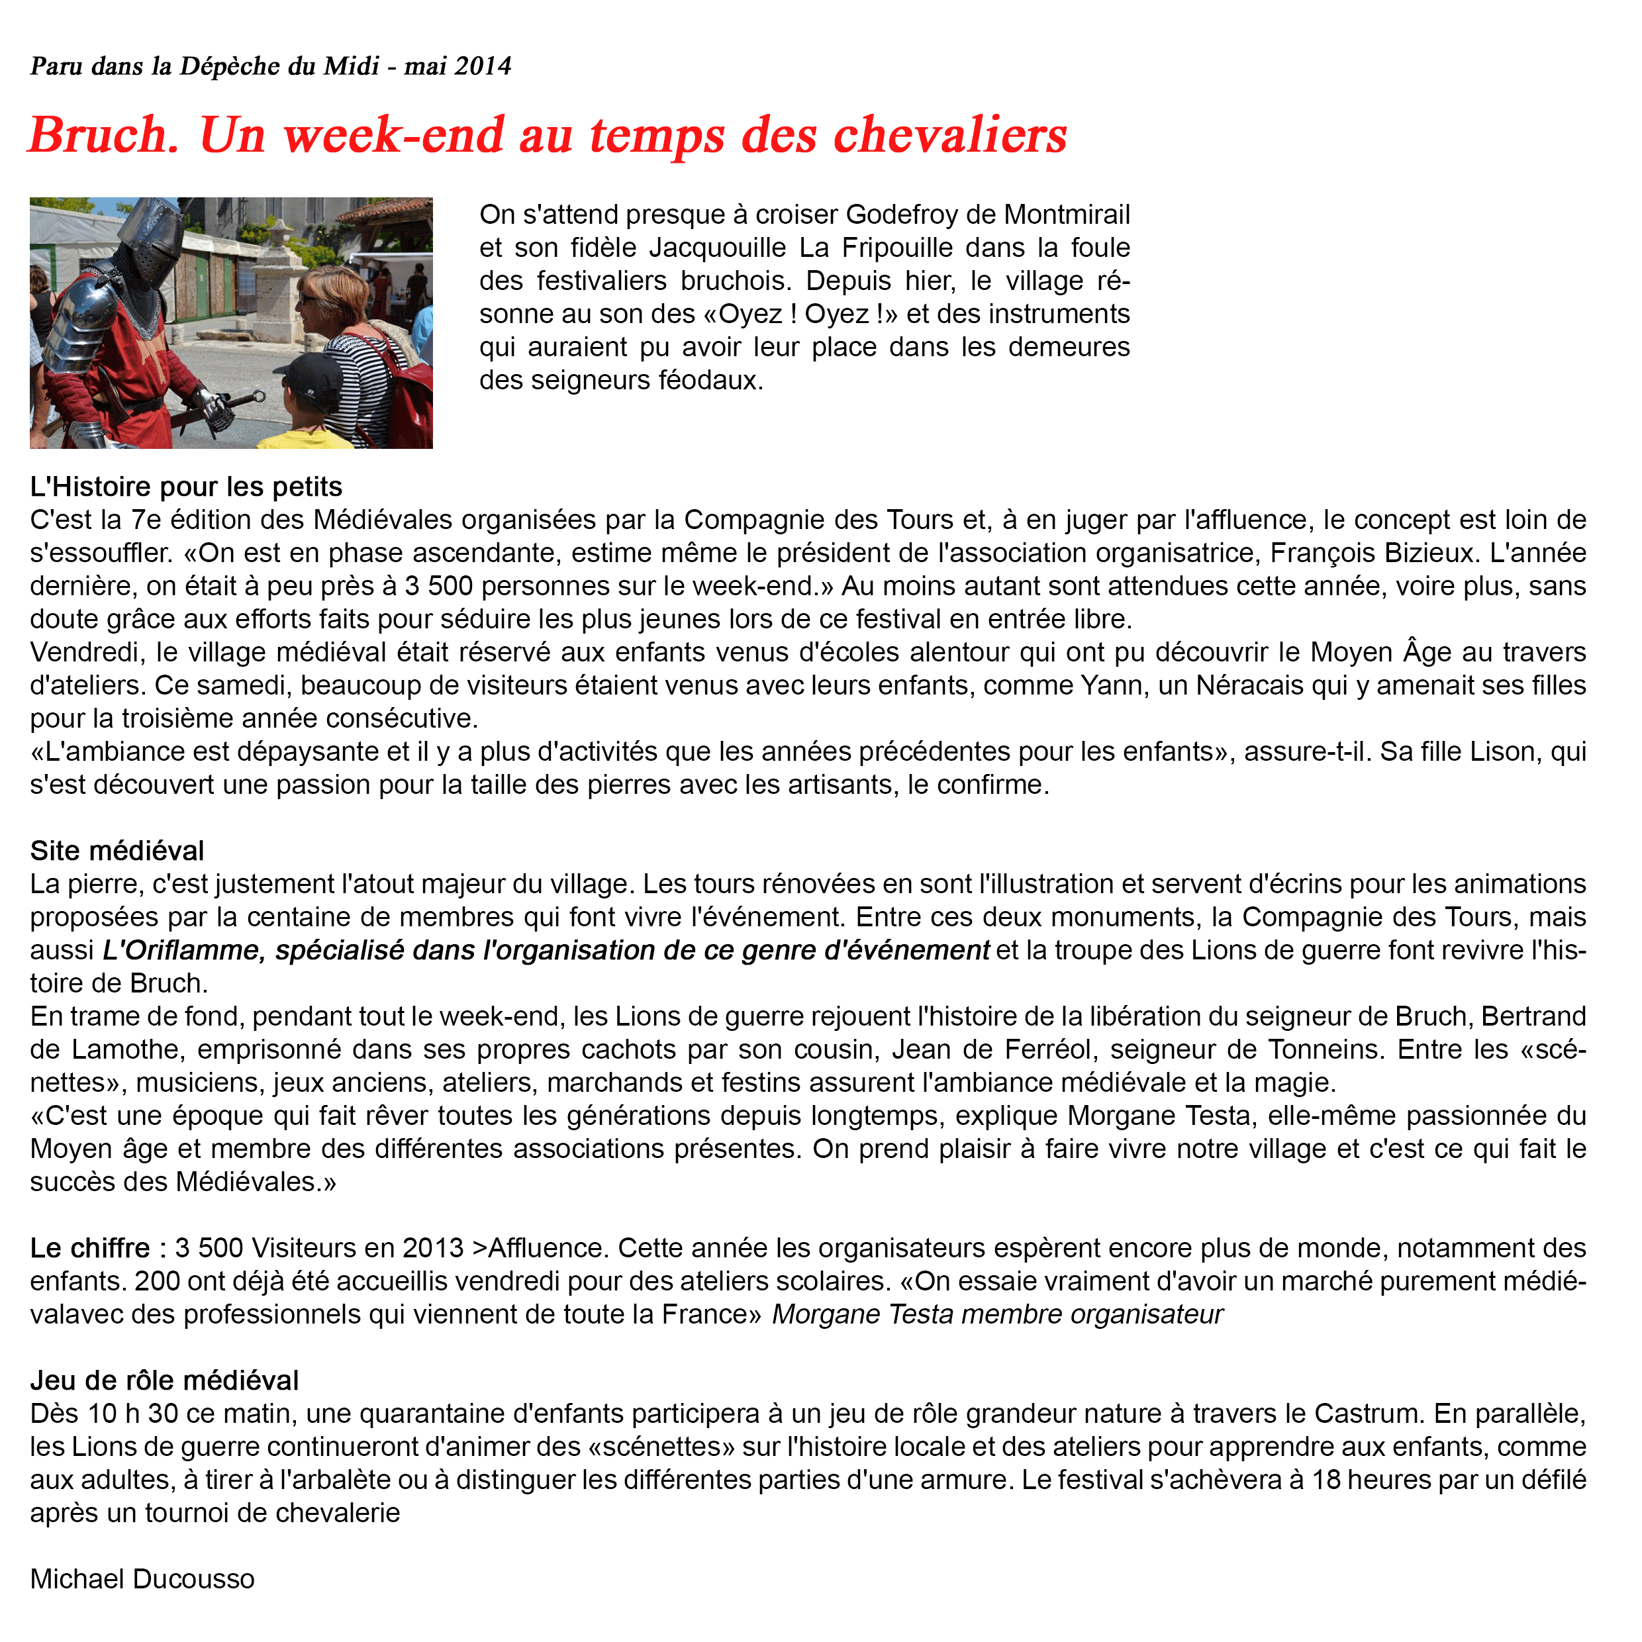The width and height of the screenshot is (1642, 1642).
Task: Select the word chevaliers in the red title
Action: point(949,135)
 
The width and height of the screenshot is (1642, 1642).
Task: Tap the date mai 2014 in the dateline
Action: point(458,66)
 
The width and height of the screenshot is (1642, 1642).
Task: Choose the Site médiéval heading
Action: point(117,851)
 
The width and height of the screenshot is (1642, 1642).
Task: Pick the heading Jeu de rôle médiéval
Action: point(164,1380)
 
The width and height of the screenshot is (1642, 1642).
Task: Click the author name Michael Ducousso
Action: point(142,1578)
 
